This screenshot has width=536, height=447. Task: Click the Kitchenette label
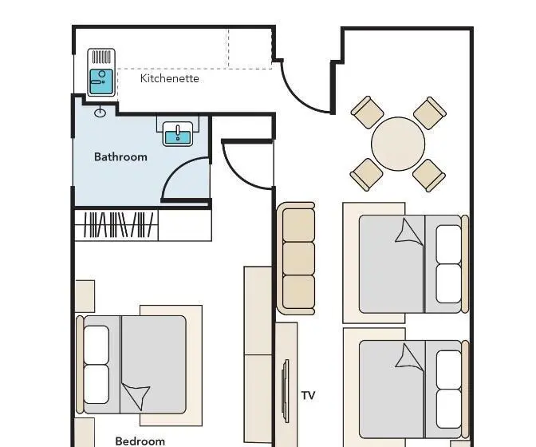click(170, 78)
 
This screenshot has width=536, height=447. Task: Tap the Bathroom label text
click(120, 157)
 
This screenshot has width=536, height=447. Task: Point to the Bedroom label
click(140, 441)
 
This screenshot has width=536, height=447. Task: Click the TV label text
click(308, 395)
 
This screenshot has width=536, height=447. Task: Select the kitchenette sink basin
click(100, 81)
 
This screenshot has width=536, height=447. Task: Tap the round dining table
click(398, 144)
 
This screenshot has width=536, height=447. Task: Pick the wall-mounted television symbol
click(285, 391)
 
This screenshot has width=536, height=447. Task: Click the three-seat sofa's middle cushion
click(299, 258)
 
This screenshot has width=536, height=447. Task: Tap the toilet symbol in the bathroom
click(100, 112)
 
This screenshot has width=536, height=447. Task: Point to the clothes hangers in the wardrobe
click(118, 224)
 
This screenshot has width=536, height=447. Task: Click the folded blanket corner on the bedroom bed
click(137, 395)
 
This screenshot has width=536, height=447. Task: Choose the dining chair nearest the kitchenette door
click(368, 113)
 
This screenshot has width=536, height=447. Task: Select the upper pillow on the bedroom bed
click(97, 344)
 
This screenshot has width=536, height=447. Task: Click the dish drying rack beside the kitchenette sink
click(101, 57)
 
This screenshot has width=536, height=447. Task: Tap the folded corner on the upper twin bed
click(409, 231)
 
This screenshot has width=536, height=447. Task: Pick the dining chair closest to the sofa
click(366, 175)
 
